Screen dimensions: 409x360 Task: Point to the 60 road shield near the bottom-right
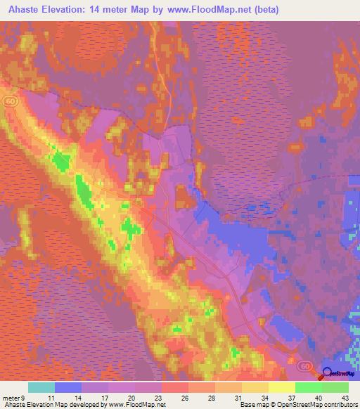pyautogui.click(x=304, y=366)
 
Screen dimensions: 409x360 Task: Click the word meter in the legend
pyautogui.click(x=11, y=397)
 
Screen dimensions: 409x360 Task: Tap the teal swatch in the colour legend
pyautogui.click(x=41, y=387)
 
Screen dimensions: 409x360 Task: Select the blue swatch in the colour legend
pyautogui.click(x=67, y=387)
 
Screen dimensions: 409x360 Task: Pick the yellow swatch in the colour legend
pyautogui.click(x=281, y=387)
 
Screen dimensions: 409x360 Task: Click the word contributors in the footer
pyautogui.click(x=339, y=405)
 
